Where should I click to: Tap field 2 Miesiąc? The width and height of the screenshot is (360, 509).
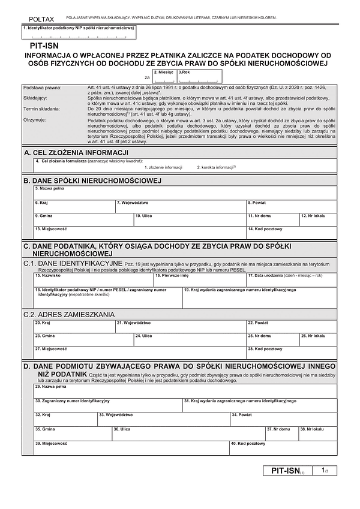pos(164,77)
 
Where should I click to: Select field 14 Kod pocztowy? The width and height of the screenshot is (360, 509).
pos(291,232)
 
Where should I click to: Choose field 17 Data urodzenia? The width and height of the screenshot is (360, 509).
pos(294,279)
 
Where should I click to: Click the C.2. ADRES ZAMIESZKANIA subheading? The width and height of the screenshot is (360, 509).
pos(68,314)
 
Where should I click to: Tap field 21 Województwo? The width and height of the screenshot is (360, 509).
pos(180,326)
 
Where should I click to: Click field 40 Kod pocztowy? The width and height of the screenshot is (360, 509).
pos(282,447)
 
